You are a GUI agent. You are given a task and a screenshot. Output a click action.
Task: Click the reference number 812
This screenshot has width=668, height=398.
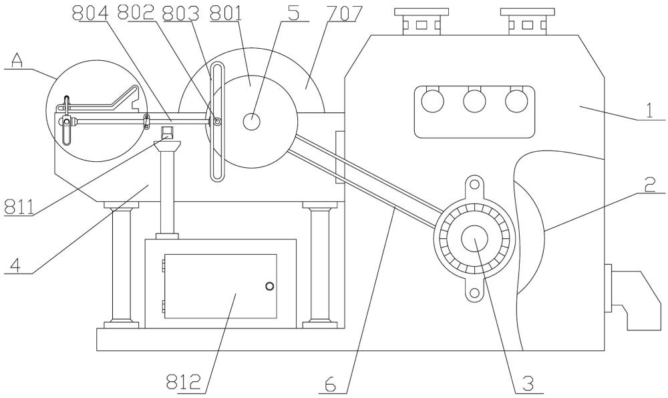(183, 382)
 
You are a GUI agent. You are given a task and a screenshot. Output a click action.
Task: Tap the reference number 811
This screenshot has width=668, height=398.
(19, 207)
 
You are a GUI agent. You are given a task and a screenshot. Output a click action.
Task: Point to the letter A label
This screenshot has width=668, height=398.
(16, 62)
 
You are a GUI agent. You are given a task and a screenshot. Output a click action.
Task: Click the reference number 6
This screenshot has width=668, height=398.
(330, 385)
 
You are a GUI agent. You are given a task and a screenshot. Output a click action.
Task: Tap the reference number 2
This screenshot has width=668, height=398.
(649, 185)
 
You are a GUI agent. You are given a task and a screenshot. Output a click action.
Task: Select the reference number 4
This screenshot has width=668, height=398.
(15, 265)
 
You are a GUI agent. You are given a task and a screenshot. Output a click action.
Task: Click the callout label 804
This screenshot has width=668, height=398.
(90, 13)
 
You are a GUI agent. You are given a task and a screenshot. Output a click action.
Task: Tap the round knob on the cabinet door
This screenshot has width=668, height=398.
(269, 286)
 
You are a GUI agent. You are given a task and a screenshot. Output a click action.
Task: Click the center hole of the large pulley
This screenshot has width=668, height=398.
(251, 121)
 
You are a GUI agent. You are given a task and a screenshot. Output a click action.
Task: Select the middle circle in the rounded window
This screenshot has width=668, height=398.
(474, 102)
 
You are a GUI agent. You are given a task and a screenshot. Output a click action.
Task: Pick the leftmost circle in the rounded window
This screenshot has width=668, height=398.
(432, 102)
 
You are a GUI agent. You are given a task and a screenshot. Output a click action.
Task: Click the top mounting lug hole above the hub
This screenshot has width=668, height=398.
(474, 185)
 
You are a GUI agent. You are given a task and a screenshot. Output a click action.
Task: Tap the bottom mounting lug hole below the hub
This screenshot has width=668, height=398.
(474, 293)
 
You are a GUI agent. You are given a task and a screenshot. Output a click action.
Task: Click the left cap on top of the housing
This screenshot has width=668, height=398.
(422, 21)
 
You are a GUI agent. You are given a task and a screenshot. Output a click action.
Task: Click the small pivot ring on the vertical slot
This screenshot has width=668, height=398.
(217, 122)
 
